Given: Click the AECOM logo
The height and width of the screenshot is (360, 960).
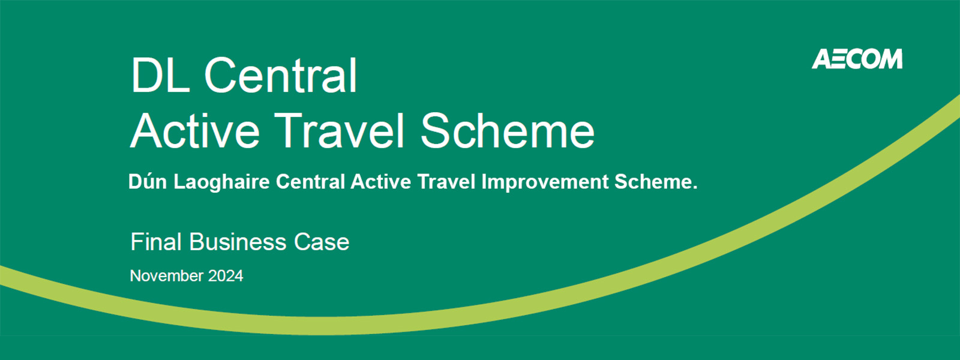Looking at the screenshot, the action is (x=857, y=59).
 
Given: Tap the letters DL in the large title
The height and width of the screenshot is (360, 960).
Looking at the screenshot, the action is (x=160, y=76).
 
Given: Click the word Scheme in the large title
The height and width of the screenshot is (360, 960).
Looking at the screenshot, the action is (x=508, y=130).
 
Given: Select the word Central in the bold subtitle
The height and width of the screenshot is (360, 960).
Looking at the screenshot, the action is (x=311, y=181).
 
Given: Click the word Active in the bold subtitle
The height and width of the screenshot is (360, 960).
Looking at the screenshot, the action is (x=381, y=181).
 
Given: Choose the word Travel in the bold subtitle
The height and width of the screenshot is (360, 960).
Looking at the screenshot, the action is (x=446, y=181).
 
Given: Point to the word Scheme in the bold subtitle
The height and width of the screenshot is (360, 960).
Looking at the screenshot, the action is (x=656, y=181).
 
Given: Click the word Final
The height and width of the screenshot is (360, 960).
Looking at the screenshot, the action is (x=157, y=242).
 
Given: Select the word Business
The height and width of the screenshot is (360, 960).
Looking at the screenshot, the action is (x=238, y=242).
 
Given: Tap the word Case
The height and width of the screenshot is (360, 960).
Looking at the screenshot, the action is (x=322, y=242).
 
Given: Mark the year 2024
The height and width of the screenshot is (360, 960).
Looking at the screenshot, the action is (x=226, y=275).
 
